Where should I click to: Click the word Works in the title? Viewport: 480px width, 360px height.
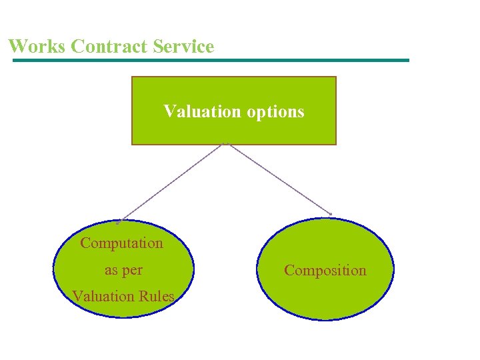[x=37, y=47]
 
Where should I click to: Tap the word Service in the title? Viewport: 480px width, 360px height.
[x=183, y=47]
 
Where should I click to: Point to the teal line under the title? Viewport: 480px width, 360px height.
[x=211, y=60]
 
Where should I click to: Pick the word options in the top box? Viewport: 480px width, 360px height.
[x=275, y=111]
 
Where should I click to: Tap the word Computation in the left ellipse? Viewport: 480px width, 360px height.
[x=121, y=243]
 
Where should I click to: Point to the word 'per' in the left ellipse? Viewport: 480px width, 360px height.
[x=133, y=271]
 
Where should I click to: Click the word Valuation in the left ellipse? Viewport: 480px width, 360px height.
[x=102, y=296]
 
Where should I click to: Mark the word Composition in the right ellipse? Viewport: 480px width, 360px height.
[x=325, y=270]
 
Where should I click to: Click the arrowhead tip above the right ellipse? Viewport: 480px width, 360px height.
[x=331, y=214]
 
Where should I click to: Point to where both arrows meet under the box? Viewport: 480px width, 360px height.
[x=226, y=144]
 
